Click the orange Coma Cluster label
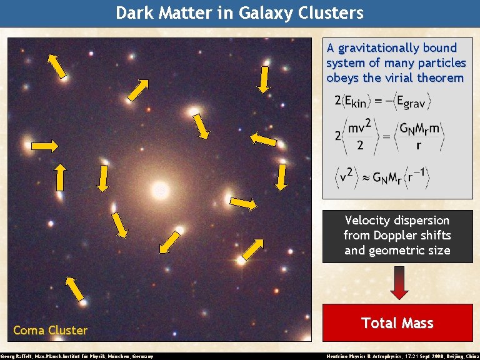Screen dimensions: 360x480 (x=50, y=330)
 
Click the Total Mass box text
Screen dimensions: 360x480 (x=397, y=322)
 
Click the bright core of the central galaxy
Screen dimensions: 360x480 (x=161, y=187)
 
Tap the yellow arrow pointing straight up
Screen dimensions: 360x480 (x=60, y=177)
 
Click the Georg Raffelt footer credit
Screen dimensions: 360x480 (x=77, y=356)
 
